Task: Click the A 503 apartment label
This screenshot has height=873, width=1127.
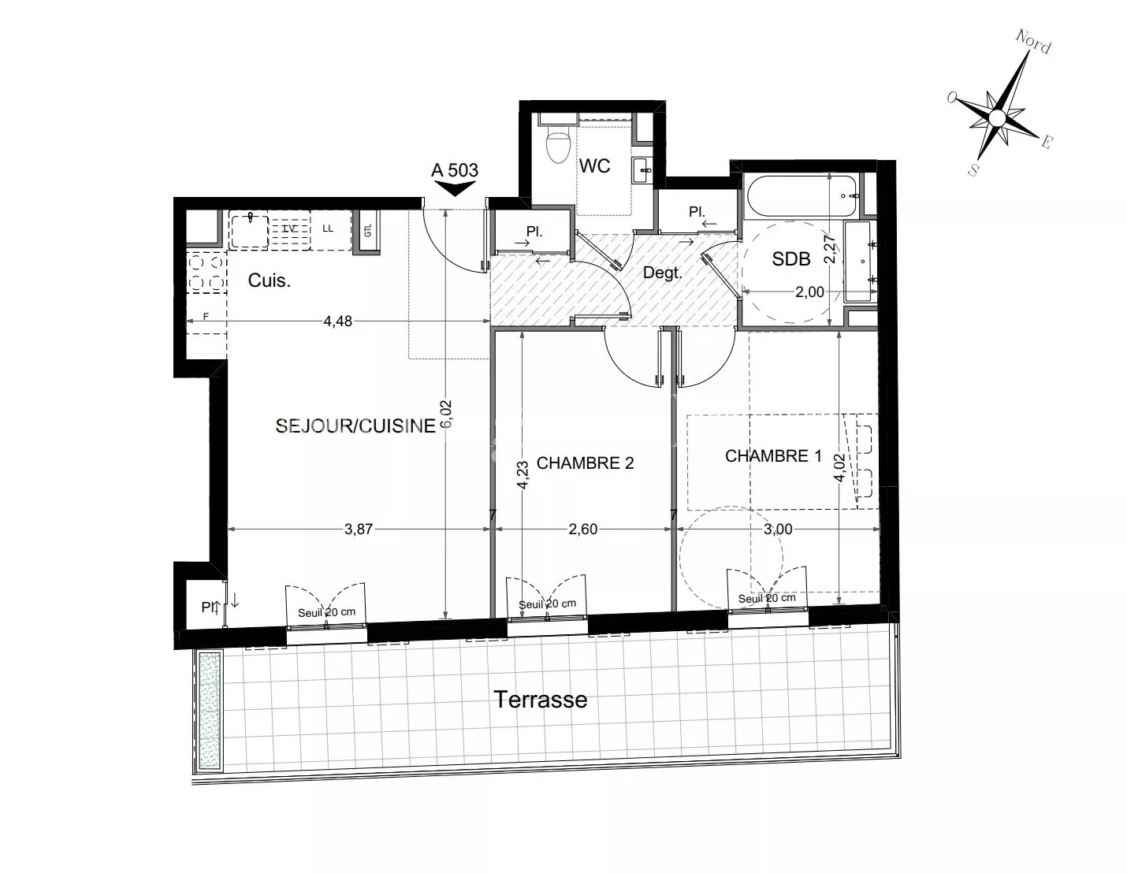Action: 455,169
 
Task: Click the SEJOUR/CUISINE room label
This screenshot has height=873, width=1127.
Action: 355,426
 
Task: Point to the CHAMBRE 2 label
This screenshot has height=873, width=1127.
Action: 585,463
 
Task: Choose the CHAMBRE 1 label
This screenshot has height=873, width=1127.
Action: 772,456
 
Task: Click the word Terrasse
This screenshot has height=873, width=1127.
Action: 540,699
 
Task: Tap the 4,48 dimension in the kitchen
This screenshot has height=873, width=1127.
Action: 337,321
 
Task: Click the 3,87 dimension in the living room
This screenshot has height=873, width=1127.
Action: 358,529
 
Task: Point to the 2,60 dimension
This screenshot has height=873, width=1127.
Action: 583,529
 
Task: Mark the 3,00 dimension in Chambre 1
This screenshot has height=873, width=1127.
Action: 778,529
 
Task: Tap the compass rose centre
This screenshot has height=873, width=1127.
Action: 997,118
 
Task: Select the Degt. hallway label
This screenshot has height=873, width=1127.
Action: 662,273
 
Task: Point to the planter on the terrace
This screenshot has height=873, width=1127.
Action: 209,711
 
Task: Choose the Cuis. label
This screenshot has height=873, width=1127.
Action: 270,280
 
